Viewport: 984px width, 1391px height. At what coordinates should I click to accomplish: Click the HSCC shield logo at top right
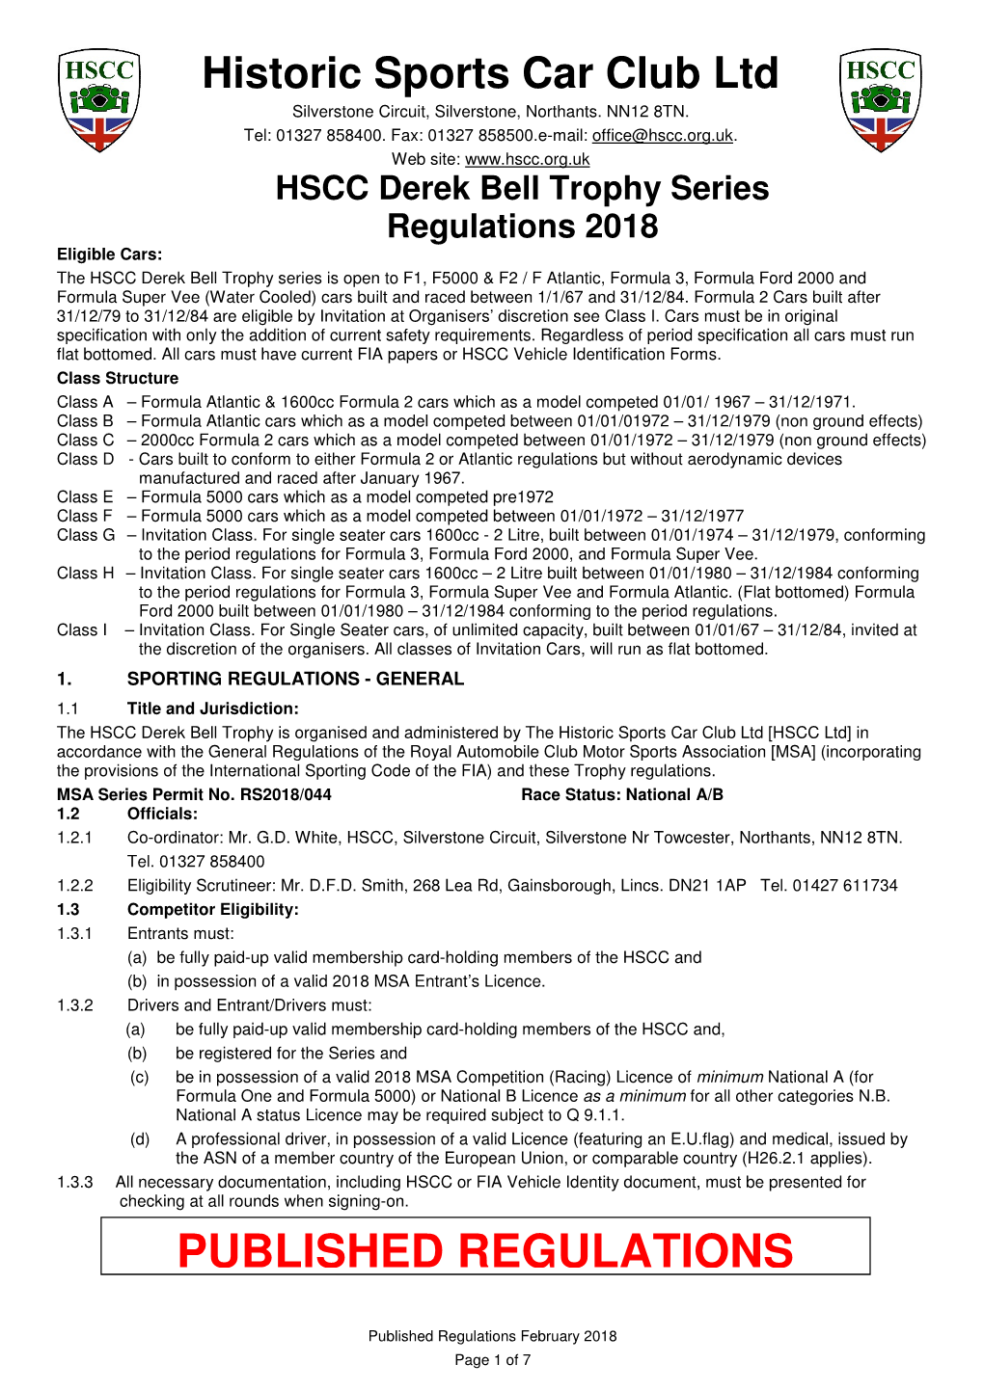pyautogui.click(x=881, y=100)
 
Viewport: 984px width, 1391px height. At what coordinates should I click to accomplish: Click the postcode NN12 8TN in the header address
pyautogui.click(x=653, y=113)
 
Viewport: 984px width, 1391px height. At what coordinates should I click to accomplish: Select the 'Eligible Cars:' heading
pyautogui.click(x=109, y=254)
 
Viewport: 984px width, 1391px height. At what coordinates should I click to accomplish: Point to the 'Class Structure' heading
pyautogui.click(x=118, y=378)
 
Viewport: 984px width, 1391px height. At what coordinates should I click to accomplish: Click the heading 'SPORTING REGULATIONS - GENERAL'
pyautogui.click(x=295, y=679)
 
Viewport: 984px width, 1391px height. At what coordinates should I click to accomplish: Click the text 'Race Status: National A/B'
pyautogui.click(x=621, y=795)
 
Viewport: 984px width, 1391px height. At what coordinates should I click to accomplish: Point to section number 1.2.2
pyautogui.click(x=75, y=886)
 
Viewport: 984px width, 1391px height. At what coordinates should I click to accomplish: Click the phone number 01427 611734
pyautogui.click(x=845, y=886)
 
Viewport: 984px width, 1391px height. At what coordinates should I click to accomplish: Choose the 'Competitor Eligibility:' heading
pyautogui.click(x=212, y=910)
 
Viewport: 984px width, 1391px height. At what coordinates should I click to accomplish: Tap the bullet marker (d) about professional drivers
pyautogui.click(x=140, y=1139)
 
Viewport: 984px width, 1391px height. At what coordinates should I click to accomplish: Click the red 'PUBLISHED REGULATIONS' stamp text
pyautogui.click(x=485, y=1251)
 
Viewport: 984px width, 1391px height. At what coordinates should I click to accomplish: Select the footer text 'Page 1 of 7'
pyautogui.click(x=492, y=1360)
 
